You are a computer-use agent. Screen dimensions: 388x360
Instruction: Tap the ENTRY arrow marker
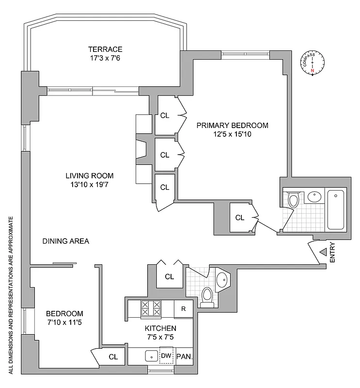[323, 252]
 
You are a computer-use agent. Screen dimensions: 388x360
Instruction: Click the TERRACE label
[105, 49]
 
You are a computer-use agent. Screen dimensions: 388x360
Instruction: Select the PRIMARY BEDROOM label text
[232, 125]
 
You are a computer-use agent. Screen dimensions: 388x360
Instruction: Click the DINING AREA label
[65, 241]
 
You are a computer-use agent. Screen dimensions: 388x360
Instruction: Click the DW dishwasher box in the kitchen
[166, 356]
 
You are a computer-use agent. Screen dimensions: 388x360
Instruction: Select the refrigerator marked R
[183, 309]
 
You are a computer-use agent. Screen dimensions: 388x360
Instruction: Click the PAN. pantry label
[185, 356]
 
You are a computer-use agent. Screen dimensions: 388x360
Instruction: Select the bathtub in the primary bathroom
[335, 210]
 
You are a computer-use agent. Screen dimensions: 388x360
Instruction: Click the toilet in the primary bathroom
[294, 199]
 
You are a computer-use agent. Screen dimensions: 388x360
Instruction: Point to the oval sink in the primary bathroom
[314, 197]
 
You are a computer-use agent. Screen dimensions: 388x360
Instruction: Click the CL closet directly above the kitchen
[169, 277]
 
